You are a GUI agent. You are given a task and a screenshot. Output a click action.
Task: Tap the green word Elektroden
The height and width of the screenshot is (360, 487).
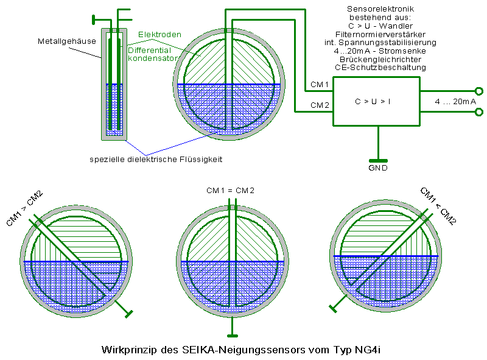point(159,34)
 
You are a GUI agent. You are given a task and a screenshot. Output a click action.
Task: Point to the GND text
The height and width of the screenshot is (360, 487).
point(378,168)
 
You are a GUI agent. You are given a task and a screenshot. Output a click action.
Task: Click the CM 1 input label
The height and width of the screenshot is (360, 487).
point(320,84)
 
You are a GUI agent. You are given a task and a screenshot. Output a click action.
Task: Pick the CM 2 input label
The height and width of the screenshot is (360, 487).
point(320,105)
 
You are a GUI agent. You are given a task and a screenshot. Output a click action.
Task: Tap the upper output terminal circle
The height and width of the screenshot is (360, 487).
point(478,91)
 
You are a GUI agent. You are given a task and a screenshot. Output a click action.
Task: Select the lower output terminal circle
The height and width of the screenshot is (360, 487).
point(478,111)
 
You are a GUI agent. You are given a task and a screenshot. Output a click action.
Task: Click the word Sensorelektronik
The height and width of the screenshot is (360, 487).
point(380,9)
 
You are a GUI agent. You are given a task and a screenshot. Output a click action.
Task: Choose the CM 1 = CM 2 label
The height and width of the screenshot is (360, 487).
point(230,191)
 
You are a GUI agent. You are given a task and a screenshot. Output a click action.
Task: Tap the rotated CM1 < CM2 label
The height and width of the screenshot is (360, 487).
point(438,206)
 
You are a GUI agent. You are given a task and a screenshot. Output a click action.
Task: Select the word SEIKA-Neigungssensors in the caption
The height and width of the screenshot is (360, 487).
point(241,350)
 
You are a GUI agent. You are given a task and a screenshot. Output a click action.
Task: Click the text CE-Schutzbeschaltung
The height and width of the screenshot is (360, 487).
point(380,67)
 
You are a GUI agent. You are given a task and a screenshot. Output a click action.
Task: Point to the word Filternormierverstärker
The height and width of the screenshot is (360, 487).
point(380,34)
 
